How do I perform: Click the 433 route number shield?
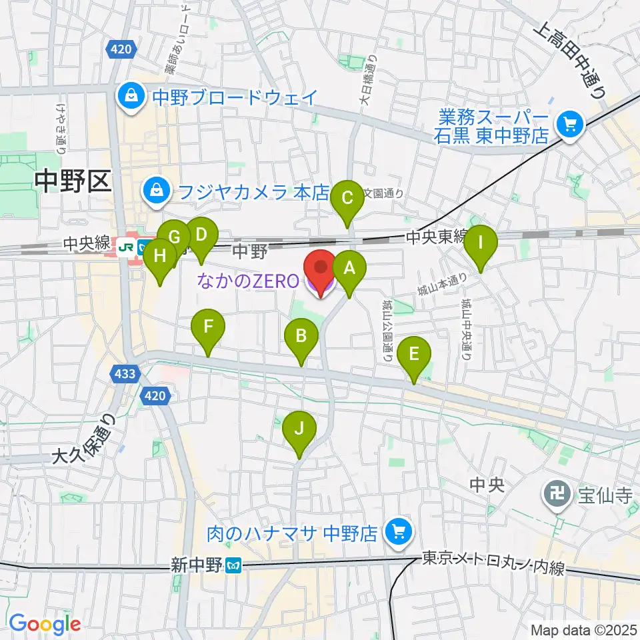pos(125,375)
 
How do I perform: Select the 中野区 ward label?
pos(73,181)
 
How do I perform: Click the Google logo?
pos(45,624)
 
